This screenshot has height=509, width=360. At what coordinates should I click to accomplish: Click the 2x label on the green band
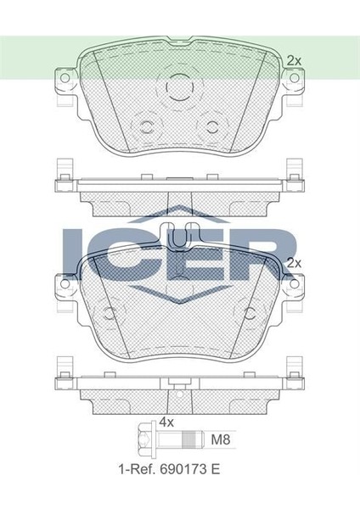294,60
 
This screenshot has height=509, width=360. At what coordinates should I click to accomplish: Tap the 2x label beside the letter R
295,264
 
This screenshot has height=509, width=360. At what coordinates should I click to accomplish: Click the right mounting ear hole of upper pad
295,78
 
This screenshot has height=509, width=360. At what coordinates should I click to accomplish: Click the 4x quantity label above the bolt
166,421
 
